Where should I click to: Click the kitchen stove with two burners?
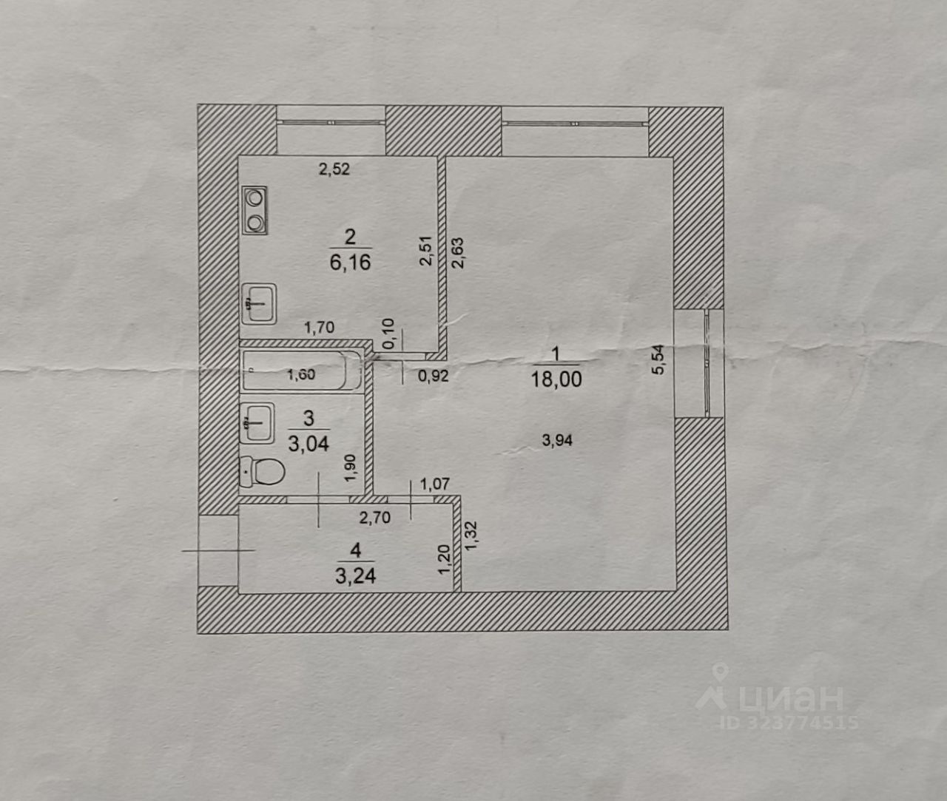[x=255, y=210]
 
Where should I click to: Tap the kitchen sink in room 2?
[x=258, y=303]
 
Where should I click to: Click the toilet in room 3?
[x=262, y=471]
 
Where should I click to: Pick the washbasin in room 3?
[x=256, y=422]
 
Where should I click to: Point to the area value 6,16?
[x=350, y=262]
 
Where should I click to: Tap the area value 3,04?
[x=309, y=444]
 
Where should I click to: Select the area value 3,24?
[x=355, y=575]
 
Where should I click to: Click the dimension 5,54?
[x=658, y=360]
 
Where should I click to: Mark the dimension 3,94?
[x=557, y=441]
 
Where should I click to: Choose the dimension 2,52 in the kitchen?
[x=334, y=169]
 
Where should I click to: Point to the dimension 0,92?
[x=433, y=376]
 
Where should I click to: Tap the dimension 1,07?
[x=435, y=485]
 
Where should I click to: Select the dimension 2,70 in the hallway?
[x=374, y=517]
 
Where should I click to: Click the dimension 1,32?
[x=471, y=535]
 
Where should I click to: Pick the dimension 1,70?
[x=320, y=328]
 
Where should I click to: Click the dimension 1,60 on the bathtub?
[x=300, y=374]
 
